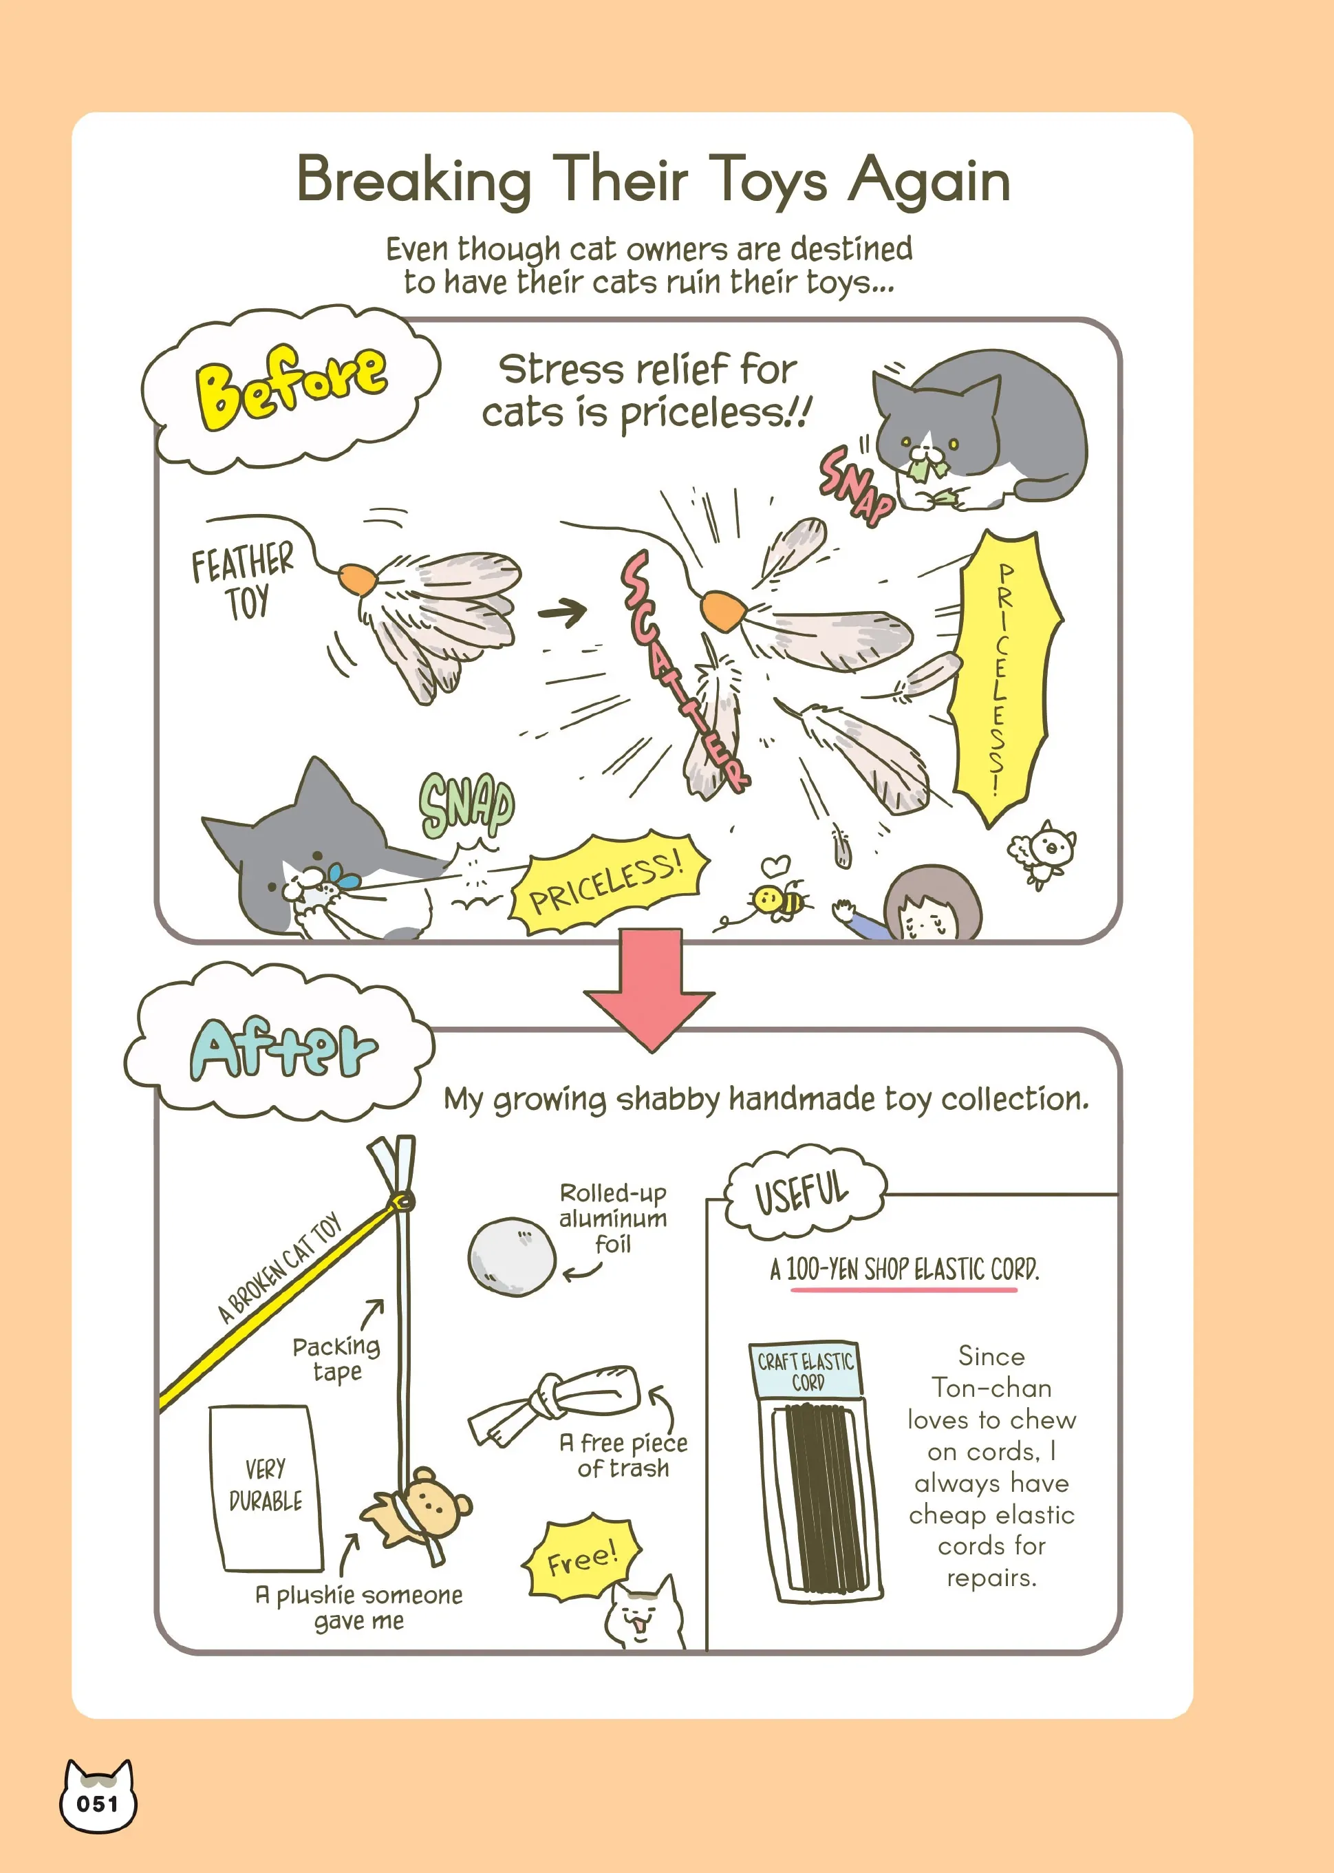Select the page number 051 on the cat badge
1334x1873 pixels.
pos(97,1804)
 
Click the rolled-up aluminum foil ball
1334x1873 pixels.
pos(512,1256)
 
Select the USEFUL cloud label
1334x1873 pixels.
pos(804,1191)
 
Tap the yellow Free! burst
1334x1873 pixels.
pos(581,1559)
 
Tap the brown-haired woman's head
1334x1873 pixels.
pos(934,904)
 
